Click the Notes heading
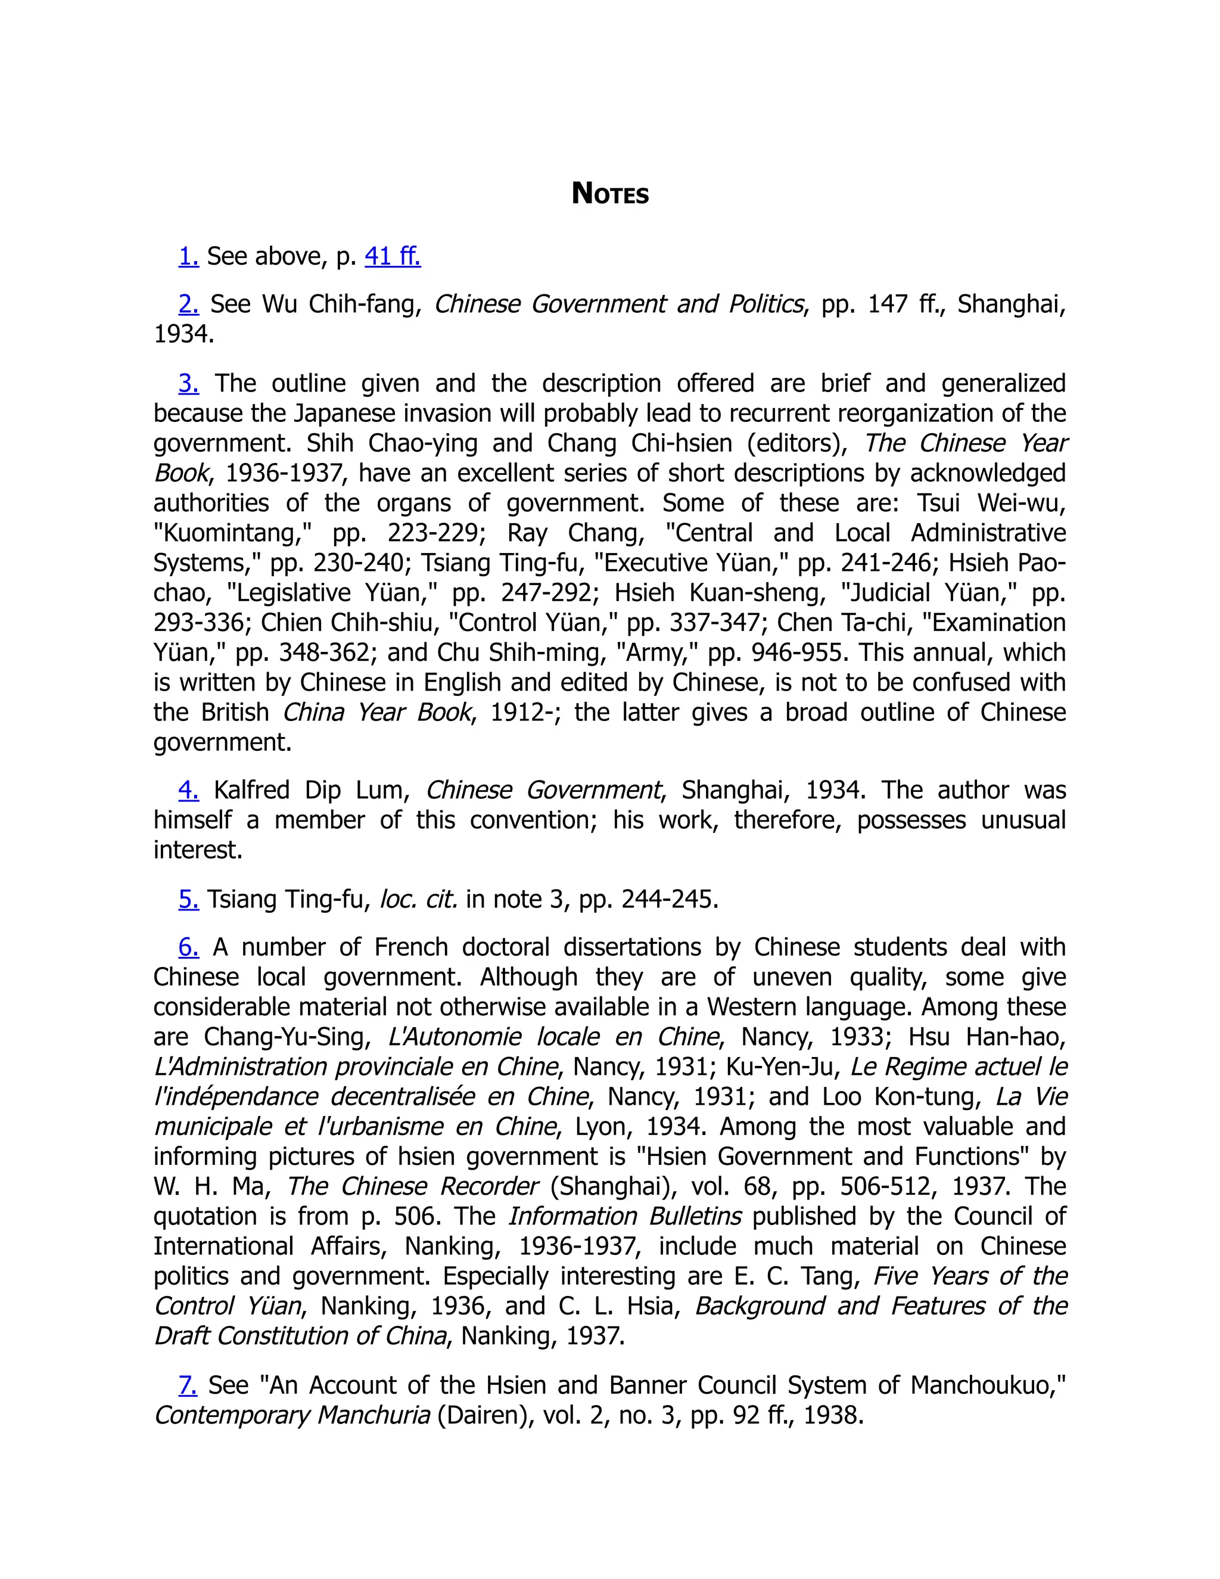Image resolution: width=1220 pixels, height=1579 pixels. [x=609, y=194]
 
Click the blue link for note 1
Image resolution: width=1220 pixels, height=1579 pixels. [x=189, y=256]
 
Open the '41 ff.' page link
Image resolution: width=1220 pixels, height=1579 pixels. [x=393, y=256]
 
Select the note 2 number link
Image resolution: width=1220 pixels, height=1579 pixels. [x=189, y=304]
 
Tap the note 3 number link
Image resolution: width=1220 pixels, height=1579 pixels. [x=189, y=383]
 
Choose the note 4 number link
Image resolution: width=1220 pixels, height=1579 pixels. [x=189, y=790]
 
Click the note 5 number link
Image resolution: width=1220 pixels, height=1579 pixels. [x=189, y=899]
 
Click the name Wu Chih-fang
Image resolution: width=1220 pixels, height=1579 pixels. [x=341, y=304]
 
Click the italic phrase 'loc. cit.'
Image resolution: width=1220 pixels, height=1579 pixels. [x=418, y=899]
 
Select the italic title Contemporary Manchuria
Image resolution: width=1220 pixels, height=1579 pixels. [x=292, y=1415]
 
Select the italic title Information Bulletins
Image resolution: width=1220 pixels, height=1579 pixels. [x=624, y=1216]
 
